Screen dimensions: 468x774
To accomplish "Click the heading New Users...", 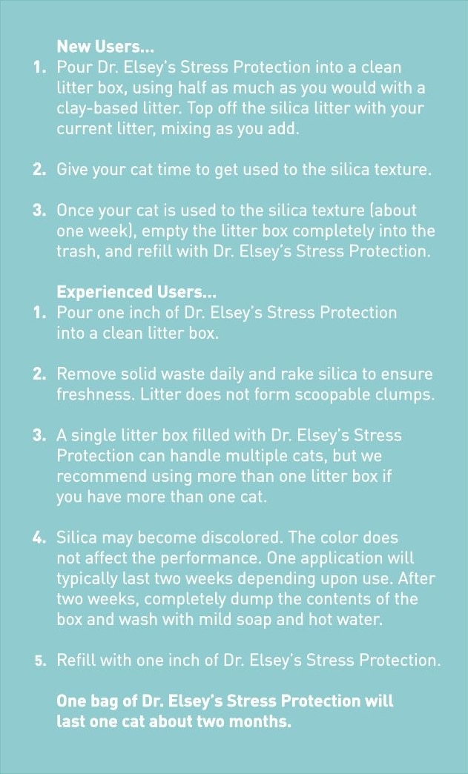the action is pyautogui.click(x=105, y=47).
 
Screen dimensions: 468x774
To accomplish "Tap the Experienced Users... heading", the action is pyautogui.click(x=136, y=292).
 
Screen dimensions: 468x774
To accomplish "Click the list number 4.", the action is pyautogui.click(x=39, y=538).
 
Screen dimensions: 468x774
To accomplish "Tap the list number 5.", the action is pyautogui.click(x=40, y=661).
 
